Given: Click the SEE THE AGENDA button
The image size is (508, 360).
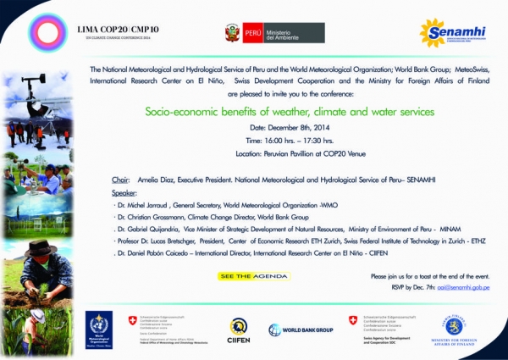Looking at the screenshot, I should point(254,276).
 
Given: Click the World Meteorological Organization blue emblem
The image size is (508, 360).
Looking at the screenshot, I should point(98,327).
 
